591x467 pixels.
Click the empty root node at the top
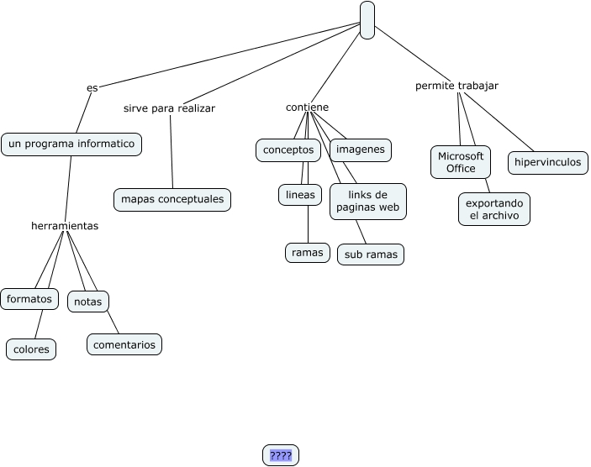(367, 20)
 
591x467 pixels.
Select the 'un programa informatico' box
(71, 144)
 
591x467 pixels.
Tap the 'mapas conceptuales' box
(172, 200)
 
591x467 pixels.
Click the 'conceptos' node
(288, 150)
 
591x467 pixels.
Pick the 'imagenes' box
(361, 150)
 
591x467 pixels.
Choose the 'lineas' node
(300, 195)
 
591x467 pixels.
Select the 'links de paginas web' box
(367, 202)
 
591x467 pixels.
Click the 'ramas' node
(308, 251)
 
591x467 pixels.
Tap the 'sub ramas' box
(371, 254)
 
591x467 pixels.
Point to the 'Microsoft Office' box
(461, 162)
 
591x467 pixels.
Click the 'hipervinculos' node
(547, 162)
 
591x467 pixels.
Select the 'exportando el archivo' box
(494, 209)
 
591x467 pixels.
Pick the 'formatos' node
(29, 299)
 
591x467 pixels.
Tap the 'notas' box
(87, 302)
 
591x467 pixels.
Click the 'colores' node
(31, 349)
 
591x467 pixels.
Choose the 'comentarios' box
(124, 344)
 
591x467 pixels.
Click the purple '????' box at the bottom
(281, 455)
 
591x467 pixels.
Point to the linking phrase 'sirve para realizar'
(169, 108)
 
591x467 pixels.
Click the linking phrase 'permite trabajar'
(456, 86)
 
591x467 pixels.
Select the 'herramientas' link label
(65, 226)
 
